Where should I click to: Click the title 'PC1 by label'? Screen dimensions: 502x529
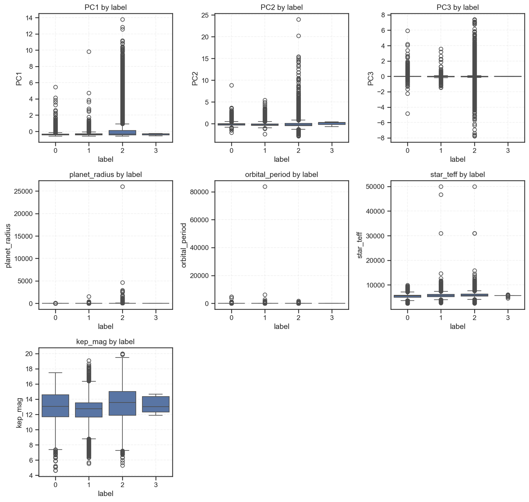coord(105,7)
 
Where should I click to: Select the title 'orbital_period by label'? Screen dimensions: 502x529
coord(281,174)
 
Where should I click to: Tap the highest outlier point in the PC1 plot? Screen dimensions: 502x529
coord(122,20)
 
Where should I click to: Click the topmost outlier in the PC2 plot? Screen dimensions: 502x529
coord(298,20)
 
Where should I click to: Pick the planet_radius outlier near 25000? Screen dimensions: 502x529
coord(122,187)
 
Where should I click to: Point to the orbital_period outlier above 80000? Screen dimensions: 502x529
coord(265,187)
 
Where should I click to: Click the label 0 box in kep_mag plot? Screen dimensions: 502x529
coord(56,406)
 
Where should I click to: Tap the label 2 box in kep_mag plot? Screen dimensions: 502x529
coord(122,403)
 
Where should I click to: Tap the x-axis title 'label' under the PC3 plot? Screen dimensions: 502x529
coord(458,159)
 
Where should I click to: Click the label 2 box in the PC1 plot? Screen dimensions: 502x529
coord(122,133)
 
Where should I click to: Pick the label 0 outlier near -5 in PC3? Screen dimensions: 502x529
coord(408,113)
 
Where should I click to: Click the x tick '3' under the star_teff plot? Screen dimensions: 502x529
coord(508,317)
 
